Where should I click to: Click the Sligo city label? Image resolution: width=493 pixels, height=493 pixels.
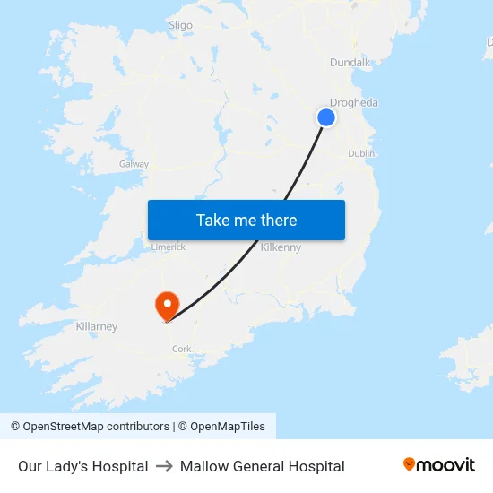tap(180, 25)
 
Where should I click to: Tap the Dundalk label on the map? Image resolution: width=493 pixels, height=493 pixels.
tap(350, 62)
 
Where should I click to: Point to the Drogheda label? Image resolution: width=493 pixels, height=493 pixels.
tap(353, 103)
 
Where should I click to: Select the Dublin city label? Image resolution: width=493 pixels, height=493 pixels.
tap(361, 154)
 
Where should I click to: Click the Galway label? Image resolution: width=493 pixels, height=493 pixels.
tap(134, 164)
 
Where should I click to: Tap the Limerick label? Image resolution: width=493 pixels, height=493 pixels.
tap(168, 246)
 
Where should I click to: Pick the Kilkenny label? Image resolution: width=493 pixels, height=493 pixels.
tap(281, 247)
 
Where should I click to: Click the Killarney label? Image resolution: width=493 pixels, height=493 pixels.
tap(97, 326)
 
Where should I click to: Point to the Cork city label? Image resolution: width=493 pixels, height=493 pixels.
tap(181, 350)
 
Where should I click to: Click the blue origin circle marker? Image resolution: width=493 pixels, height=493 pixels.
tap(326, 117)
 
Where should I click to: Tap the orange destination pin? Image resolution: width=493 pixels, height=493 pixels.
tap(167, 305)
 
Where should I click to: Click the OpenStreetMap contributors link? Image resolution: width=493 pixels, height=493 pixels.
tap(96, 427)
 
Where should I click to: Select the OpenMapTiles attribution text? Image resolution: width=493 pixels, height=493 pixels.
tap(226, 427)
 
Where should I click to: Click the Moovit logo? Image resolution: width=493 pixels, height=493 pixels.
tap(439, 465)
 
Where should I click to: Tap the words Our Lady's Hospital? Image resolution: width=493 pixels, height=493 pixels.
tap(83, 466)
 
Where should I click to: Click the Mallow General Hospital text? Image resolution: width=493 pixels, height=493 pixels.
tap(262, 466)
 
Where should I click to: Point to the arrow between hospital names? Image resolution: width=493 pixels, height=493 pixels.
tap(164, 466)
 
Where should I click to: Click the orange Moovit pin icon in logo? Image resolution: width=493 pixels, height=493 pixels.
tap(410, 464)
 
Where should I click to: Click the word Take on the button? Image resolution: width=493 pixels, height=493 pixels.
tap(213, 221)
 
